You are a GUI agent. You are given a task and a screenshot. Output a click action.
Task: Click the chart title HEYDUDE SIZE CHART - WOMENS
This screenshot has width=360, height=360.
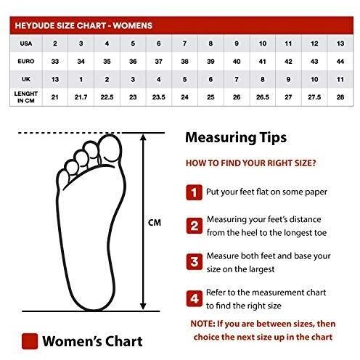click(83, 25)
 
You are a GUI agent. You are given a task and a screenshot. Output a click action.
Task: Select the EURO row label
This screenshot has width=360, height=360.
click(26, 61)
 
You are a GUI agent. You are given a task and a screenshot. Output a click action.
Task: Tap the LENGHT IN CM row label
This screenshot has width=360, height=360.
click(26, 97)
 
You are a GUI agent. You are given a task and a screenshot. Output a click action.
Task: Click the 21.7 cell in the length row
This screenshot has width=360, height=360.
click(81, 97)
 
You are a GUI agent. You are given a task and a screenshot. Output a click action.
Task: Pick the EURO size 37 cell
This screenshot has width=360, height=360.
click(159, 61)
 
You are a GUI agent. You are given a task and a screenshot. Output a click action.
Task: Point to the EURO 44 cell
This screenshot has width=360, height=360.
click(340, 61)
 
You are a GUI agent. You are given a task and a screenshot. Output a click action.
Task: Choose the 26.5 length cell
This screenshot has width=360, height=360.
click(263, 97)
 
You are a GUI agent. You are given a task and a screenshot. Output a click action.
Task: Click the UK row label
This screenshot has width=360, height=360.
click(26, 79)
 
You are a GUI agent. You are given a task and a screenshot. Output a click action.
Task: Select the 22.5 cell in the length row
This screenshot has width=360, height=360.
click(107, 97)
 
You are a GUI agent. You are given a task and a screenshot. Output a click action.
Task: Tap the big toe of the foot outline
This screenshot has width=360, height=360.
click(110, 147)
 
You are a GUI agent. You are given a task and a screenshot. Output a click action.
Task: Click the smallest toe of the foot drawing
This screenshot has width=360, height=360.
click(62, 180)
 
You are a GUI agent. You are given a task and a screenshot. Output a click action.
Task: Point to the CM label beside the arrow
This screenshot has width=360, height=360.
click(155, 222)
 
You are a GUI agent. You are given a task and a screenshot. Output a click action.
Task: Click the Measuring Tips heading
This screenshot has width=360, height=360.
click(236, 137)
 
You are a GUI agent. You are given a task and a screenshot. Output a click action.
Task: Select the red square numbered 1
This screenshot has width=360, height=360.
click(194, 192)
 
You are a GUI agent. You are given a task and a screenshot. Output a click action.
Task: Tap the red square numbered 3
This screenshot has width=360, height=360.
click(195, 261)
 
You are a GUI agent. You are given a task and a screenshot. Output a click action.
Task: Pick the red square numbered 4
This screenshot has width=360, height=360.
click(195, 298)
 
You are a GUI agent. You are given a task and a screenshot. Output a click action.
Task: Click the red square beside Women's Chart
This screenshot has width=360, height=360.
click(30, 341)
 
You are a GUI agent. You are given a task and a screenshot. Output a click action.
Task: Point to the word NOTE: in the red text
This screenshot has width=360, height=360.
click(202, 324)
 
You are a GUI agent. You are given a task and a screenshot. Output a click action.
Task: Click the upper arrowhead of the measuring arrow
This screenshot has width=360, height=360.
click(143, 137)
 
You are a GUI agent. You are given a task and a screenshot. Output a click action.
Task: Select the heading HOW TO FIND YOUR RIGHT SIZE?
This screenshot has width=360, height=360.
click(251, 163)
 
